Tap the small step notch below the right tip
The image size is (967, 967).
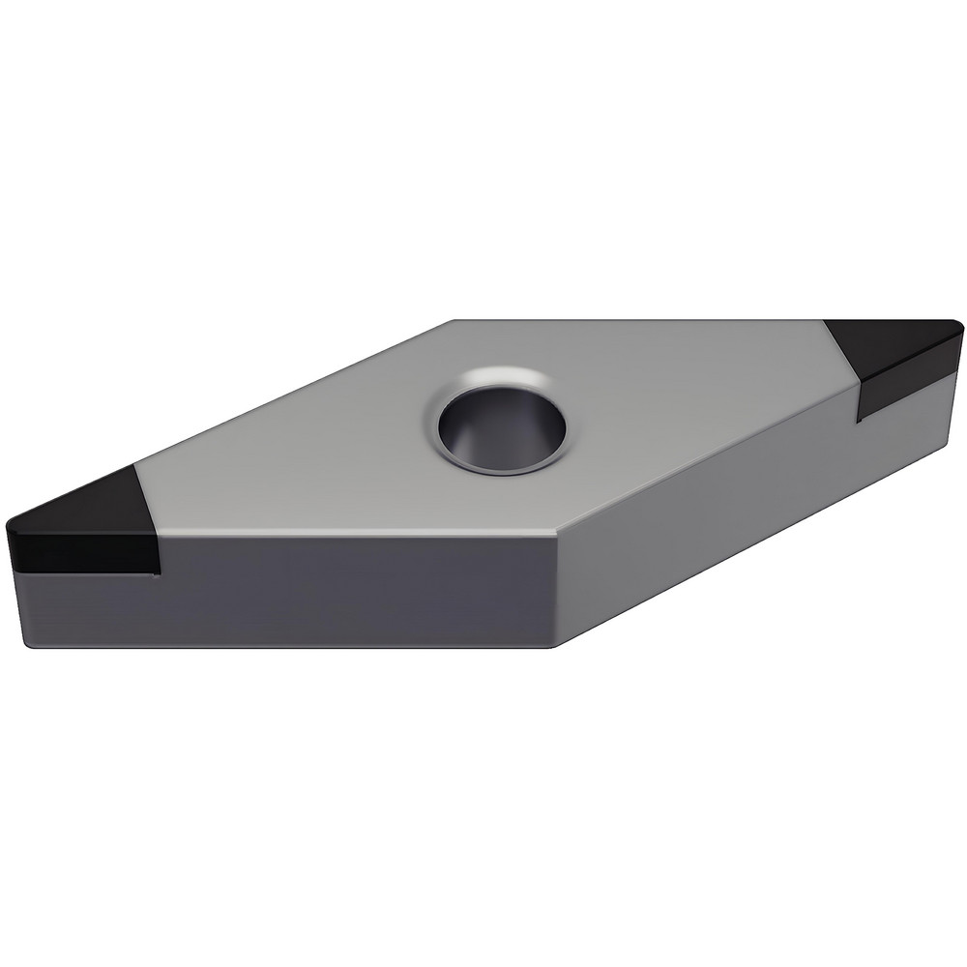tap(859, 418)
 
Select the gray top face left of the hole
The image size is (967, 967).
tap(309, 464)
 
